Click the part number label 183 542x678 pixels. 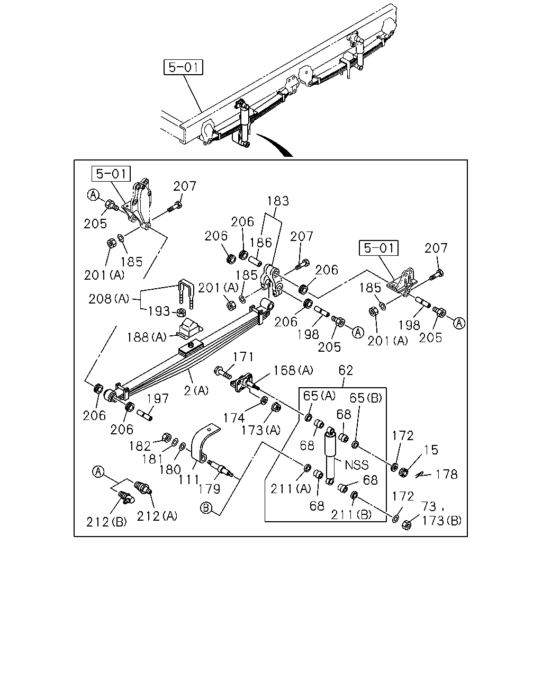pos(278,201)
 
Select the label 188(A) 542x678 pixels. pos(147,337)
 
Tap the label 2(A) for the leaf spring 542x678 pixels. pos(196,391)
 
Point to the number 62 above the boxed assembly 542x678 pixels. pos(346,370)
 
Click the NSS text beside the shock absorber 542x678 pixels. pos(357,465)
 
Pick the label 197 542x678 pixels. pos(158,398)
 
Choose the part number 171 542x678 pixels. pos(243,357)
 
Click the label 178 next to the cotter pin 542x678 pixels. pos(446,474)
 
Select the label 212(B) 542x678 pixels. pos(106,522)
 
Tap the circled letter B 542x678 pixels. pos(206,507)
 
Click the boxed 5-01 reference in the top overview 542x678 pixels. pos(183,67)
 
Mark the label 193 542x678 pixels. pos(159,311)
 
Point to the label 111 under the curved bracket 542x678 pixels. pos(188,480)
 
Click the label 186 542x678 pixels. pos(261,243)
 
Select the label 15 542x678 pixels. pos(431,450)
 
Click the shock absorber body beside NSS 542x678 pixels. pos(330,456)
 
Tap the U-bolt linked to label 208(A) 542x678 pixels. pos(186,293)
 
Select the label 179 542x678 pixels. pos(209,489)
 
